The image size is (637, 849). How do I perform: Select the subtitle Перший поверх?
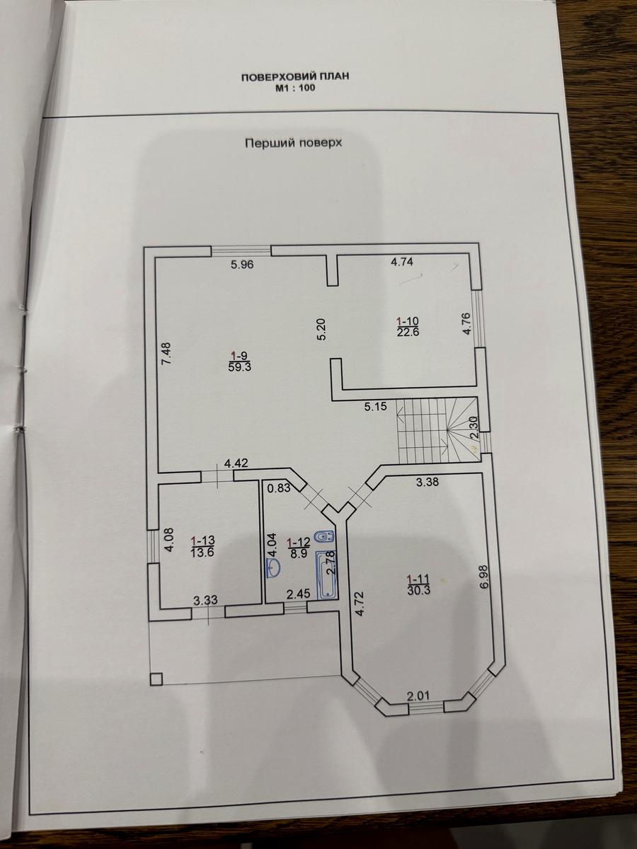pos(293,142)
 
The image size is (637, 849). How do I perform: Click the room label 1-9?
pos(237,354)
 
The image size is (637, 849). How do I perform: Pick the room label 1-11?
pos(418,578)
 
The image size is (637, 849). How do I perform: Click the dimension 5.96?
pos(242,265)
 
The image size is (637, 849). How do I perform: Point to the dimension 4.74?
pos(402,262)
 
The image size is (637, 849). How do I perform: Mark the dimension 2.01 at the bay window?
pos(418,696)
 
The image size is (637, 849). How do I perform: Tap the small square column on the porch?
pos(156,679)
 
